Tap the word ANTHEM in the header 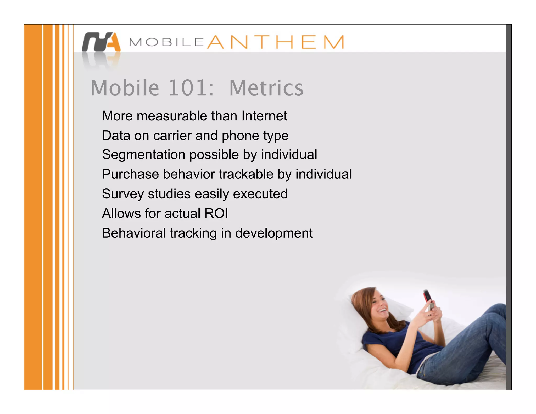point(275,42)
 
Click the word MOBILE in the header point(166,42)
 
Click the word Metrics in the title point(266,88)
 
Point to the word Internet point(264,116)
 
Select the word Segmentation point(144,154)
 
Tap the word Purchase point(130,174)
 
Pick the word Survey point(123,194)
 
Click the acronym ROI point(216,213)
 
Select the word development point(274,233)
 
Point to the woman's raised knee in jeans point(496,314)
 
